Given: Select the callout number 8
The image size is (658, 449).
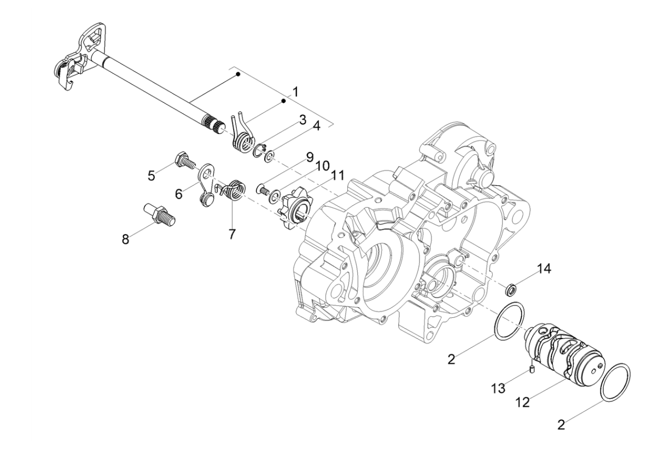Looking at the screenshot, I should [x=126, y=240].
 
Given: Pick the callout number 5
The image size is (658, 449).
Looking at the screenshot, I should [x=152, y=176].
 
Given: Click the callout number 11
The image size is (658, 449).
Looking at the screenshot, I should [x=337, y=176].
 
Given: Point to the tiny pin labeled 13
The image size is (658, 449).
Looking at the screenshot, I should [x=531, y=372].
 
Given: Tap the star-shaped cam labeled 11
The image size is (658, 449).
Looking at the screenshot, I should [x=295, y=207].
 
